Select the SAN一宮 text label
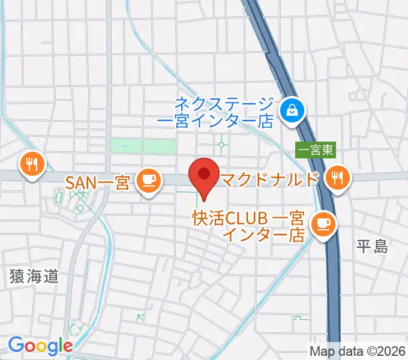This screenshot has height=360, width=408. (x=97, y=181)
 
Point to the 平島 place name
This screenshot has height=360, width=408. (x=373, y=246)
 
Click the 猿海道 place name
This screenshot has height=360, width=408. (x=34, y=276)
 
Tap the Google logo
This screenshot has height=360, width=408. (x=40, y=346)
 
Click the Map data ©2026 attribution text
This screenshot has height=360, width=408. (x=358, y=352)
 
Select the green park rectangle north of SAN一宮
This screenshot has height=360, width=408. (x=143, y=146)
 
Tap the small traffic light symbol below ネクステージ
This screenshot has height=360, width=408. (x=223, y=144)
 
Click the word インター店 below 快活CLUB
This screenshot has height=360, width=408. (x=263, y=234)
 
